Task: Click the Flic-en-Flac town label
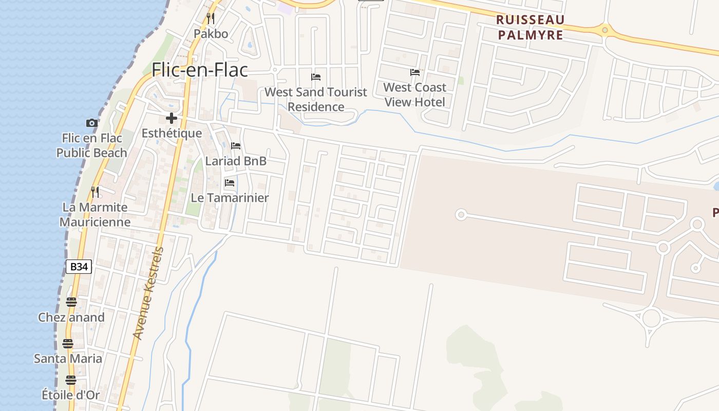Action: [x=200, y=70]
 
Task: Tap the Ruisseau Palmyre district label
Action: [x=531, y=28]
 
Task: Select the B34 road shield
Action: [x=79, y=267]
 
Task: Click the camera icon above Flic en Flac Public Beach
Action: [x=92, y=123]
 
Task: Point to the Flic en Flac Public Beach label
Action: [x=92, y=145]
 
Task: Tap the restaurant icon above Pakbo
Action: [x=211, y=18]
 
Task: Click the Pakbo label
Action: [x=211, y=34]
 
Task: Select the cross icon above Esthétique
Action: [x=172, y=119]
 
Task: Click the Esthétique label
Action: [x=172, y=134]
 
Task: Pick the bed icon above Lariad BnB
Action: [x=236, y=146]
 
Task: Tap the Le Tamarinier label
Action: [x=230, y=198]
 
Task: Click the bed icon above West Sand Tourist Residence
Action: [x=316, y=77]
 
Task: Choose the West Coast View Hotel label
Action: [x=414, y=95]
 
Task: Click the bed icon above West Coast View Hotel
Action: [x=414, y=72]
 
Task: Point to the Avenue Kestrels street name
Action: [x=148, y=293]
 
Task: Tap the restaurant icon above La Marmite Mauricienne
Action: [x=95, y=192]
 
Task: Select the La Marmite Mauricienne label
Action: [x=95, y=215]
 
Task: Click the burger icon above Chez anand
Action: [x=71, y=302]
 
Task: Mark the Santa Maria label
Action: [x=68, y=359]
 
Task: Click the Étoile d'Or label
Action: [x=70, y=395]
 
